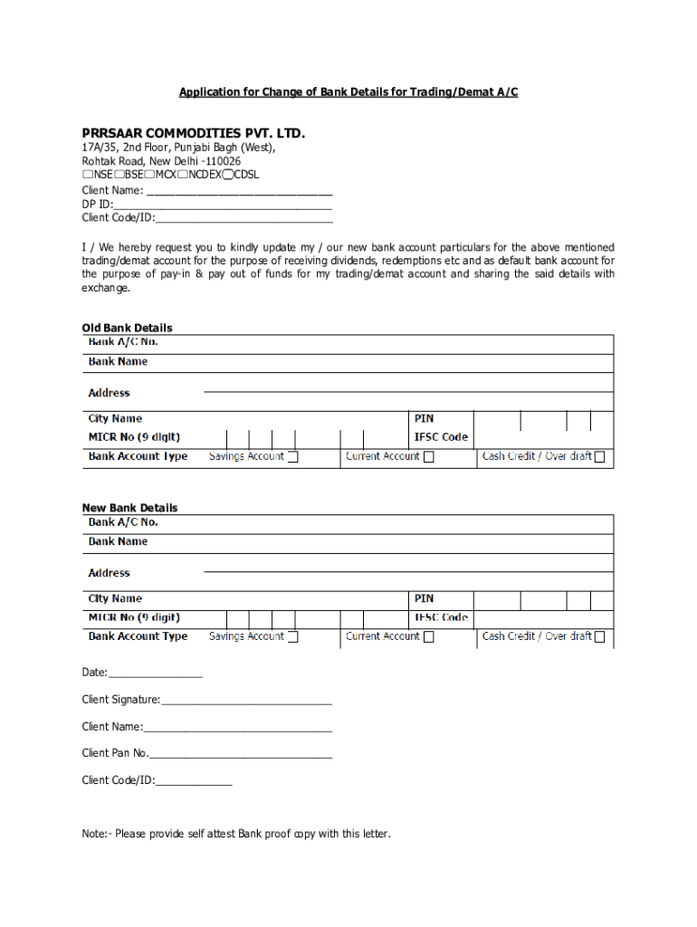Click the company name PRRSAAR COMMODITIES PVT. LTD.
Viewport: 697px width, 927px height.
click(194, 134)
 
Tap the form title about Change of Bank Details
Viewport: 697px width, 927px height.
click(348, 92)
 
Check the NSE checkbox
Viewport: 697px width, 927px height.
click(87, 175)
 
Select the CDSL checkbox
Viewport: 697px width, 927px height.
click(229, 175)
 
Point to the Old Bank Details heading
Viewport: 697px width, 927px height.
click(127, 328)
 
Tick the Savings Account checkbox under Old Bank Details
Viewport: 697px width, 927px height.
click(292, 457)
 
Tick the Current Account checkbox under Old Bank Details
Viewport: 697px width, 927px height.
click(429, 457)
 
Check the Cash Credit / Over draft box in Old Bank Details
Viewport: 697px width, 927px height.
click(599, 457)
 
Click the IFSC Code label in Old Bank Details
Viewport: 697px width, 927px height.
click(441, 437)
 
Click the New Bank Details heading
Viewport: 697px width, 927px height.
click(129, 508)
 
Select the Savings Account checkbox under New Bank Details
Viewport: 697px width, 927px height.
click(292, 637)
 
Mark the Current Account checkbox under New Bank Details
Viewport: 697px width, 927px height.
click(429, 637)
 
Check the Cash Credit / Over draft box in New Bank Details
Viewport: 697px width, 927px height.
click(599, 637)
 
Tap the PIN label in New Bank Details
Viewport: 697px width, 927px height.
click(424, 598)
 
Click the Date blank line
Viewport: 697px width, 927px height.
click(155, 674)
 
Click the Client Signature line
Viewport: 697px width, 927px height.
click(246, 701)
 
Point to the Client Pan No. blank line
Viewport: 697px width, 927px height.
click(241, 754)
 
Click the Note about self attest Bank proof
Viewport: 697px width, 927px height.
click(236, 834)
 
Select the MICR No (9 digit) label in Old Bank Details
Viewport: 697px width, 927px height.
click(139, 437)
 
